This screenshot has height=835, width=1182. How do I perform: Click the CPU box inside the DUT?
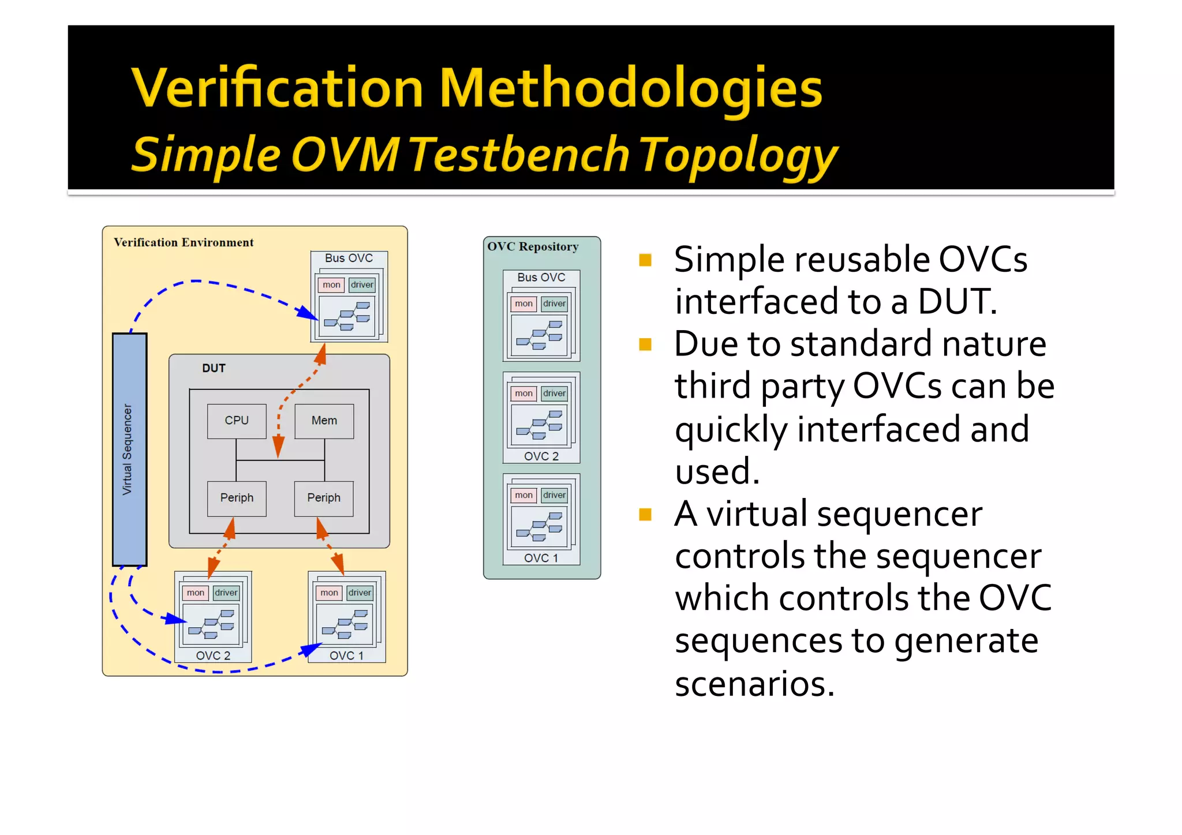coord(237,421)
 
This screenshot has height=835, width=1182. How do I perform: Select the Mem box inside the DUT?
coord(324,421)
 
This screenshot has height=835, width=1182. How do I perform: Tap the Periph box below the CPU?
coord(237,498)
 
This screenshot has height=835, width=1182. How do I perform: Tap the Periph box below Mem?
coord(323,498)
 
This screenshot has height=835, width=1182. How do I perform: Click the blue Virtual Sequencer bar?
coord(129,449)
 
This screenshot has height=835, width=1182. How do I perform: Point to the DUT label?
coord(214,368)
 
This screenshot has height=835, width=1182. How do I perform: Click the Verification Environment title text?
coord(184,243)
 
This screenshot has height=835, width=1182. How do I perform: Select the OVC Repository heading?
coord(533,247)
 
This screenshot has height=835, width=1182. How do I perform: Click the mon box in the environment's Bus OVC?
coord(331,285)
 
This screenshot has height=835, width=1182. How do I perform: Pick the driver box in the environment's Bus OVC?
coord(362,285)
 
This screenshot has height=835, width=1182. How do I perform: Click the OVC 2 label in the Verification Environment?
coord(213,656)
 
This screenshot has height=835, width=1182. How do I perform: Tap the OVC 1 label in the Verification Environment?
coord(346,656)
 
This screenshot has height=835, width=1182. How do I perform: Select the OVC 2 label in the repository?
coord(541,456)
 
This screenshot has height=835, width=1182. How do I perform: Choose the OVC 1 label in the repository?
coord(541,558)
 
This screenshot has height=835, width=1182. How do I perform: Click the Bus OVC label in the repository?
coord(541,278)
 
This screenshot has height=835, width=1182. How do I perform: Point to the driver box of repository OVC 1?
coord(554,495)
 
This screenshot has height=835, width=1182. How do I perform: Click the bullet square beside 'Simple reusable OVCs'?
coord(645,260)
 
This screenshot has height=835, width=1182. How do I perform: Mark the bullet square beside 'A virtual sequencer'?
coord(645,514)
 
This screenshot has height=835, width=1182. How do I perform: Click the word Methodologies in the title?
coord(630,88)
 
